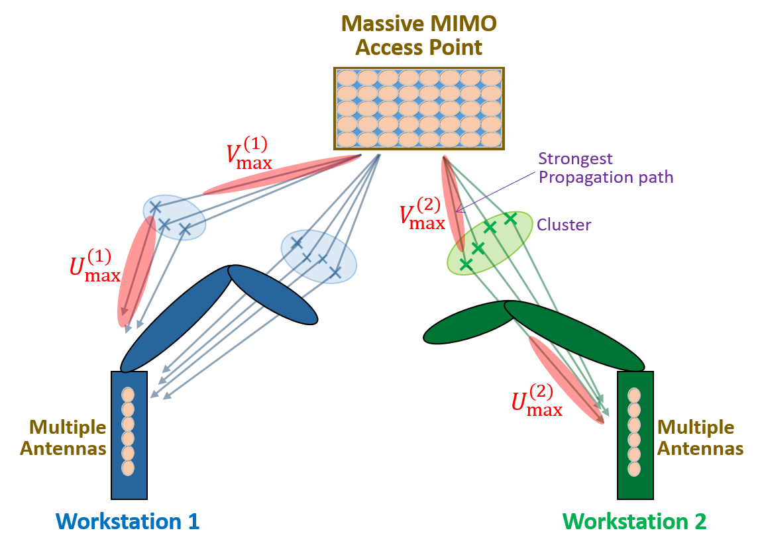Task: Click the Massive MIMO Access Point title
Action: click(x=419, y=36)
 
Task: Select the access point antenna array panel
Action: click(x=419, y=108)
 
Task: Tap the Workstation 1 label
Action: click(x=128, y=522)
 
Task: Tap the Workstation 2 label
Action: click(x=634, y=522)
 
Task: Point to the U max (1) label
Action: click(x=95, y=265)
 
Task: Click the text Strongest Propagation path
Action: click(x=606, y=168)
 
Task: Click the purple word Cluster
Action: click(x=564, y=225)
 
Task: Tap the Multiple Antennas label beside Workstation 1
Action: click(x=63, y=438)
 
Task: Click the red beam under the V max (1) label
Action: click(x=282, y=175)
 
